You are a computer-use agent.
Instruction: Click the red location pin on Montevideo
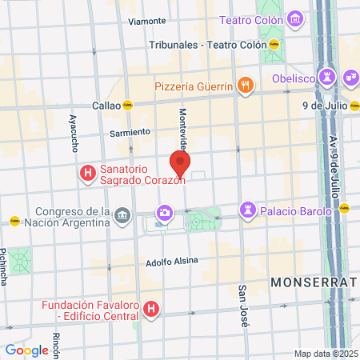click(180, 164)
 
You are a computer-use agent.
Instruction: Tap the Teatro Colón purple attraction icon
click(294, 18)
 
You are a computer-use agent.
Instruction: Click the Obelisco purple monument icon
click(326, 76)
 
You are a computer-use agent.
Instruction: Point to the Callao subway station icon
click(127, 105)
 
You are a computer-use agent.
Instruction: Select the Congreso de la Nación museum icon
click(122, 214)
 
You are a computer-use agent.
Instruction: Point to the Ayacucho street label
click(74, 133)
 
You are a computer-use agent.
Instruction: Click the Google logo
click(26, 350)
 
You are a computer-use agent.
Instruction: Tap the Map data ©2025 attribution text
click(326, 354)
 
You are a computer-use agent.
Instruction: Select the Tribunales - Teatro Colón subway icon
click(274, 44)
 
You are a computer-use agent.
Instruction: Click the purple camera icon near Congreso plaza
click(165, 213)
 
